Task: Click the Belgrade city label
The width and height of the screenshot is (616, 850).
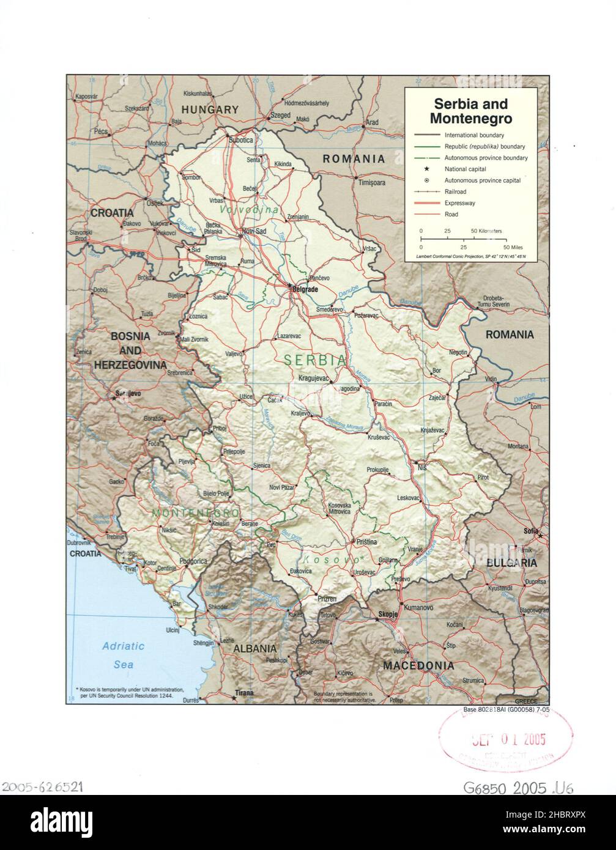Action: pos(306,288)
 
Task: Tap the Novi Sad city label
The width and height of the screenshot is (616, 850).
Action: pos(254,231)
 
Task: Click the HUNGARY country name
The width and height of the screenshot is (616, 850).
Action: pos(210,110)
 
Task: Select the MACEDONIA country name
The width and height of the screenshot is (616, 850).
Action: pos(418,665)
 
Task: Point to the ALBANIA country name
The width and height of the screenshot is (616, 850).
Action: pos(254,649)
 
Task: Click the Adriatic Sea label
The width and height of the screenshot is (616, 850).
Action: pos(123,655)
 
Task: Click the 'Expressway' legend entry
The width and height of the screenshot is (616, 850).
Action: pos(459,203)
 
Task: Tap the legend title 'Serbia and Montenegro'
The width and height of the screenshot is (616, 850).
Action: pos(470,111)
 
